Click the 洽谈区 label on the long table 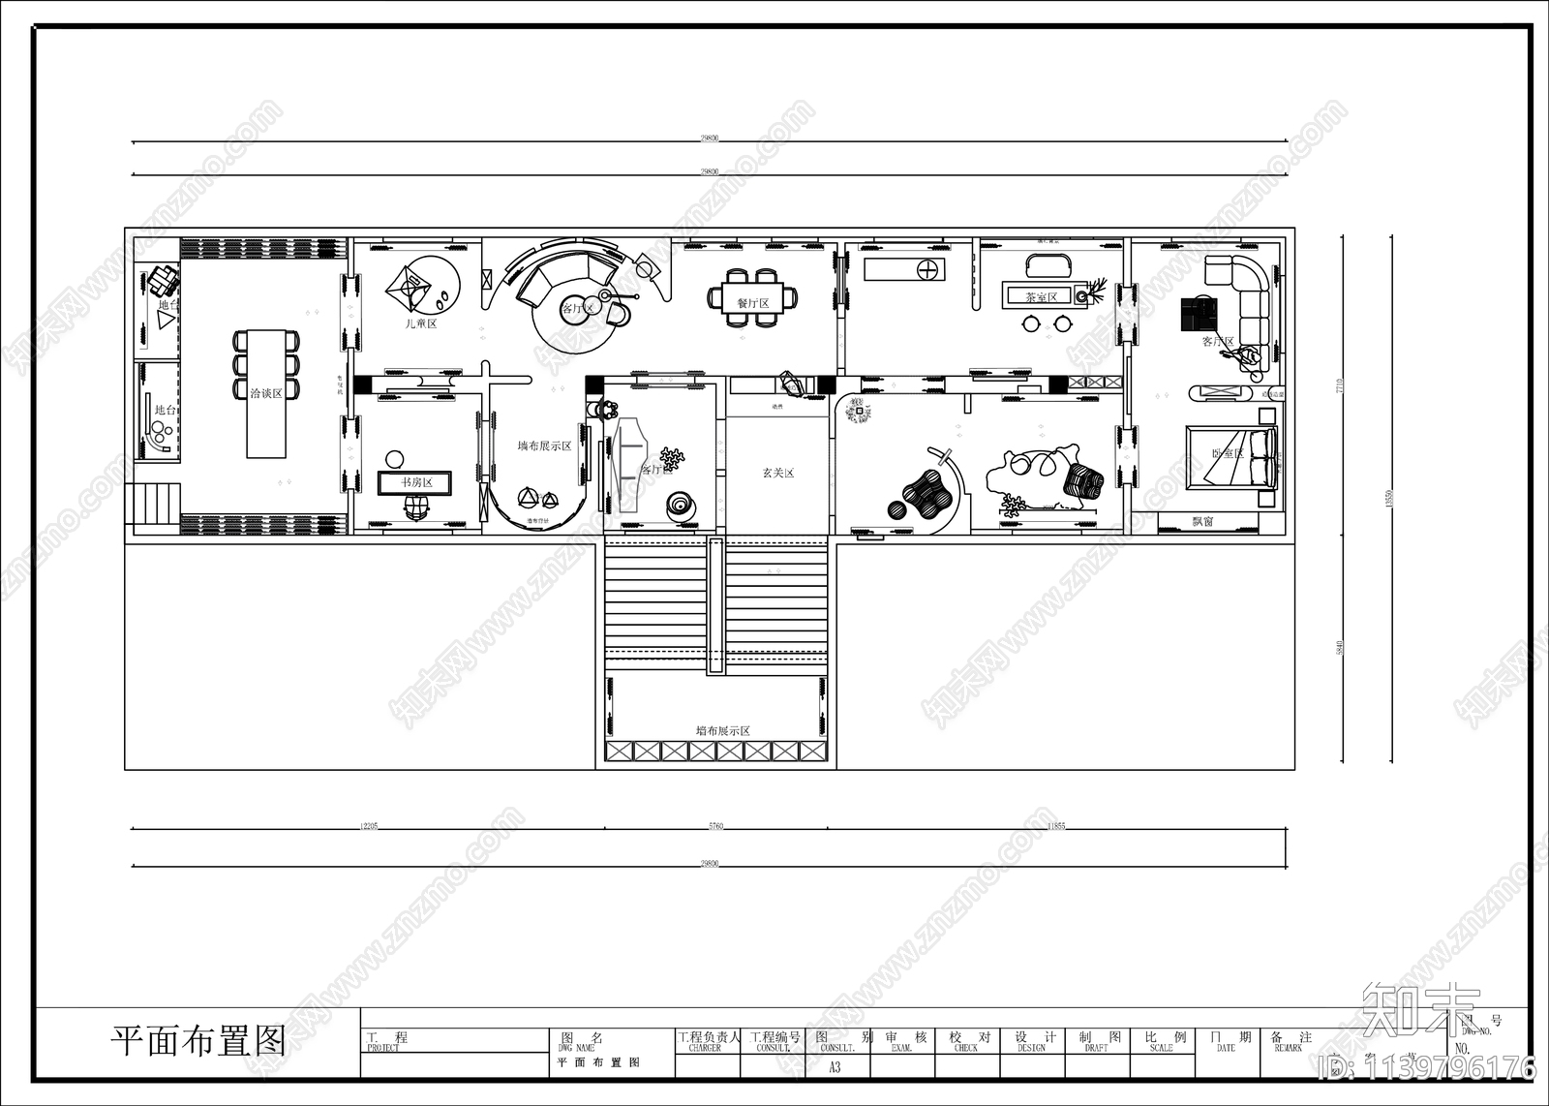(x=266, y=393)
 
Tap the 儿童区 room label (x=421, y=323)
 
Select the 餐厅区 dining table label (x=752, y=303)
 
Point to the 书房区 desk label (x=417, y=482)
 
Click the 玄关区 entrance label (x=777, y=474)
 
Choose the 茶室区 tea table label (x=1042, y=297)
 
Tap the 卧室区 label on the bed (x=1227, y=453)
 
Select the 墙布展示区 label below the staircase (x=723, y=731)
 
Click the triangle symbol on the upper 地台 (x=166, y=318)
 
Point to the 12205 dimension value (x=368, y=826)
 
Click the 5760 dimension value (x=715, y=826)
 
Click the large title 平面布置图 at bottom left (x=198, y=1041)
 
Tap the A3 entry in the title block (x=835, y=1067)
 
